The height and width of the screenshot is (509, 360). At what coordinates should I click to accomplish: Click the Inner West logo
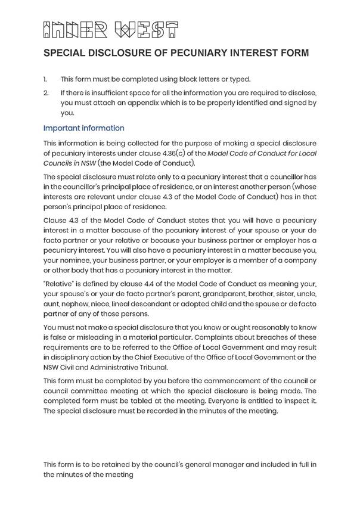111,29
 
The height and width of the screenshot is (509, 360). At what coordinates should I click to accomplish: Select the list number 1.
45,79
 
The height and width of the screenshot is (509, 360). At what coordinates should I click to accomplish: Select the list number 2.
46,93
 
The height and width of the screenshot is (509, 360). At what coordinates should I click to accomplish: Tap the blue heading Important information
84,128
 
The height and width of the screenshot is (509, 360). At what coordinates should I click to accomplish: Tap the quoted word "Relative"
58,285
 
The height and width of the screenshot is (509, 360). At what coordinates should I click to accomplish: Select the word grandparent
228,294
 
